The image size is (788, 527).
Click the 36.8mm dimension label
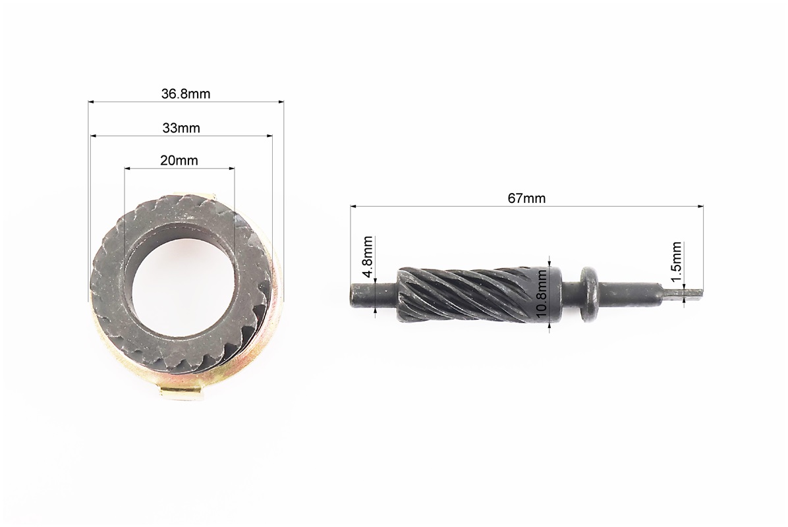(x=185, y=94)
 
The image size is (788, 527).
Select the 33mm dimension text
(x=181, y=128)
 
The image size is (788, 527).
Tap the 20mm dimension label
(x=179, y=160)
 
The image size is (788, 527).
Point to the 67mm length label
(x=526, y=198)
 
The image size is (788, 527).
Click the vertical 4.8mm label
(x=368, y=257)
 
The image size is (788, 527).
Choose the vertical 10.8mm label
(x=541, y=294)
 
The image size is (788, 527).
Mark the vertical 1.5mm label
(x=676, y=263)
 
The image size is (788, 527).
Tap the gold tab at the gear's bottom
(x=181, y=395)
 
